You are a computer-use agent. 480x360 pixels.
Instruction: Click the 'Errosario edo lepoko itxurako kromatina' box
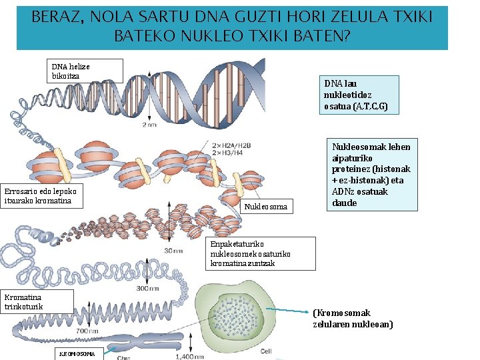(x=42, y=196)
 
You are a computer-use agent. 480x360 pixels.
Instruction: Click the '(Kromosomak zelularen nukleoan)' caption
(x=353, y=319)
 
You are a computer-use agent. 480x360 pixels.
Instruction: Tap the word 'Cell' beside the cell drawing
(x=266, y=351)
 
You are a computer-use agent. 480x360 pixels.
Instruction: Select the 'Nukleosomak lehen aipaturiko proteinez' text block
(x=371, y=175)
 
